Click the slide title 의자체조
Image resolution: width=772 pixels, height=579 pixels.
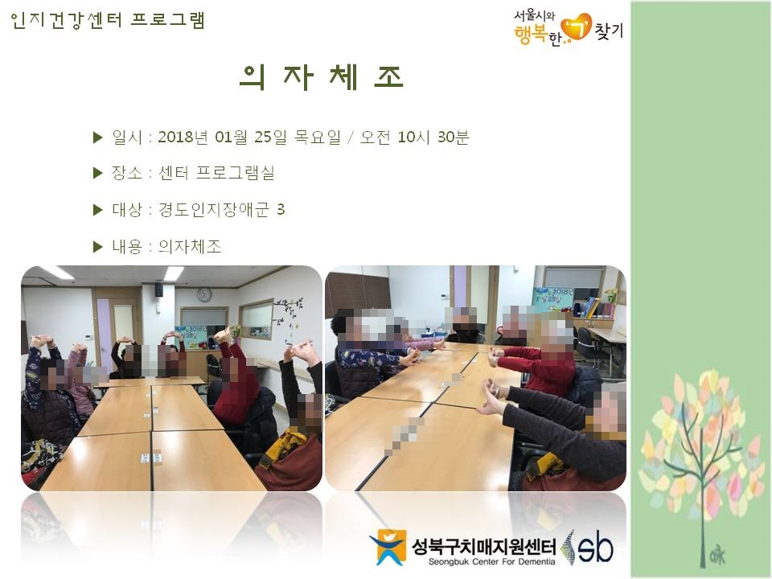tap(322, 77)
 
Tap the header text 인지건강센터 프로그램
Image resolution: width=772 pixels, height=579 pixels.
tap(107, 20)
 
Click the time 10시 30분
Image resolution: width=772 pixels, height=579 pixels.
tap(433, 137)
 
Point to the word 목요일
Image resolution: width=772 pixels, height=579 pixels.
tap(317, 137)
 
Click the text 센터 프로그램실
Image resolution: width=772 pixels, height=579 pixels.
tap(216, 173)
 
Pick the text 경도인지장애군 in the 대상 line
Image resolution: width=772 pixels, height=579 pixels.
tap(214, 210)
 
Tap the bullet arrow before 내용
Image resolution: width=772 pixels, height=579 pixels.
tap(97, 246)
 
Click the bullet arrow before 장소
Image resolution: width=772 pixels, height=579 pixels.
tap(97, 173)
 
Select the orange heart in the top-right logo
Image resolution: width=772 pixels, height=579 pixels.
tap(577, 27)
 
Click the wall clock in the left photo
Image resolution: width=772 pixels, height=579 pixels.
tap(203, 294)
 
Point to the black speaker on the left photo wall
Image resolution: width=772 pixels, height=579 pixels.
tap(158, 289)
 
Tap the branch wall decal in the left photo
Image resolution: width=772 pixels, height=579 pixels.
tap(289, 315)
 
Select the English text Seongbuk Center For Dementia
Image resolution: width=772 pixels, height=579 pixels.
tap(491, 561)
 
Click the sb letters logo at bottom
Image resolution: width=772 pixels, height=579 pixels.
tap(595, 547)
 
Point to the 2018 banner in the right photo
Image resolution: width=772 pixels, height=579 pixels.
tap(554, 298)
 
